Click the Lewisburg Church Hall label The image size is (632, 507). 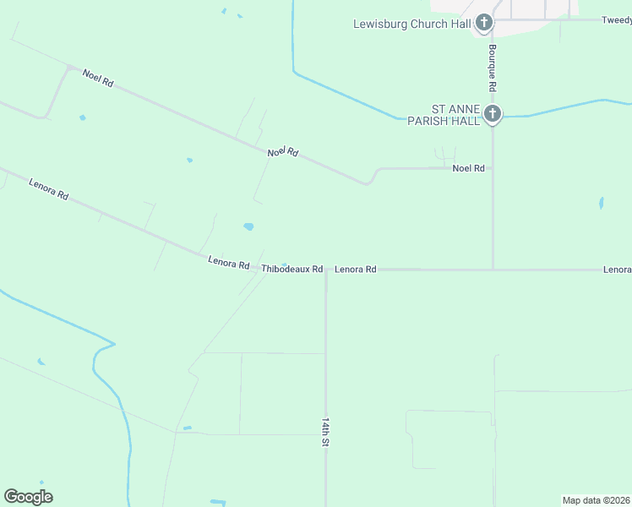point(411,24)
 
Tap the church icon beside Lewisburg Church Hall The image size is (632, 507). point(484,23)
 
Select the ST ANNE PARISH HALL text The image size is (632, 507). point(455,115)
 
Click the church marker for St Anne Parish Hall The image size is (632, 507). point(493,113)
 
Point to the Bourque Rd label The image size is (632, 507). point(492,68)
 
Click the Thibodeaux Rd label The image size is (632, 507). point(292,270)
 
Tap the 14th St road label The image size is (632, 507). point(325,431)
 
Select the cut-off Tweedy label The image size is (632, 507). point(616,19)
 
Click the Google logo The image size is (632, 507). point(28,497)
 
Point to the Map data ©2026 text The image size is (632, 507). point(596,499)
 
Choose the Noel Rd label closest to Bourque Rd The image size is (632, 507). point(468,168)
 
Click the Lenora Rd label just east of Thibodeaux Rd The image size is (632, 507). point(355,270)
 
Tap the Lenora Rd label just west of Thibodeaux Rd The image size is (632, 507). point(228,264)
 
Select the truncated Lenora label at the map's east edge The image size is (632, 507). point(617,270)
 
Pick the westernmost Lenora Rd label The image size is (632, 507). point(48,188)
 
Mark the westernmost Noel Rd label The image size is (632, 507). point(98,78)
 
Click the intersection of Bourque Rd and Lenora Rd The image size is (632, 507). point(493,270)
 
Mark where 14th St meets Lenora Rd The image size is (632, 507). point(326,270)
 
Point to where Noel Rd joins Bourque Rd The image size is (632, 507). point(493,168)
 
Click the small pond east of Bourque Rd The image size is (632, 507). point(601,203)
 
